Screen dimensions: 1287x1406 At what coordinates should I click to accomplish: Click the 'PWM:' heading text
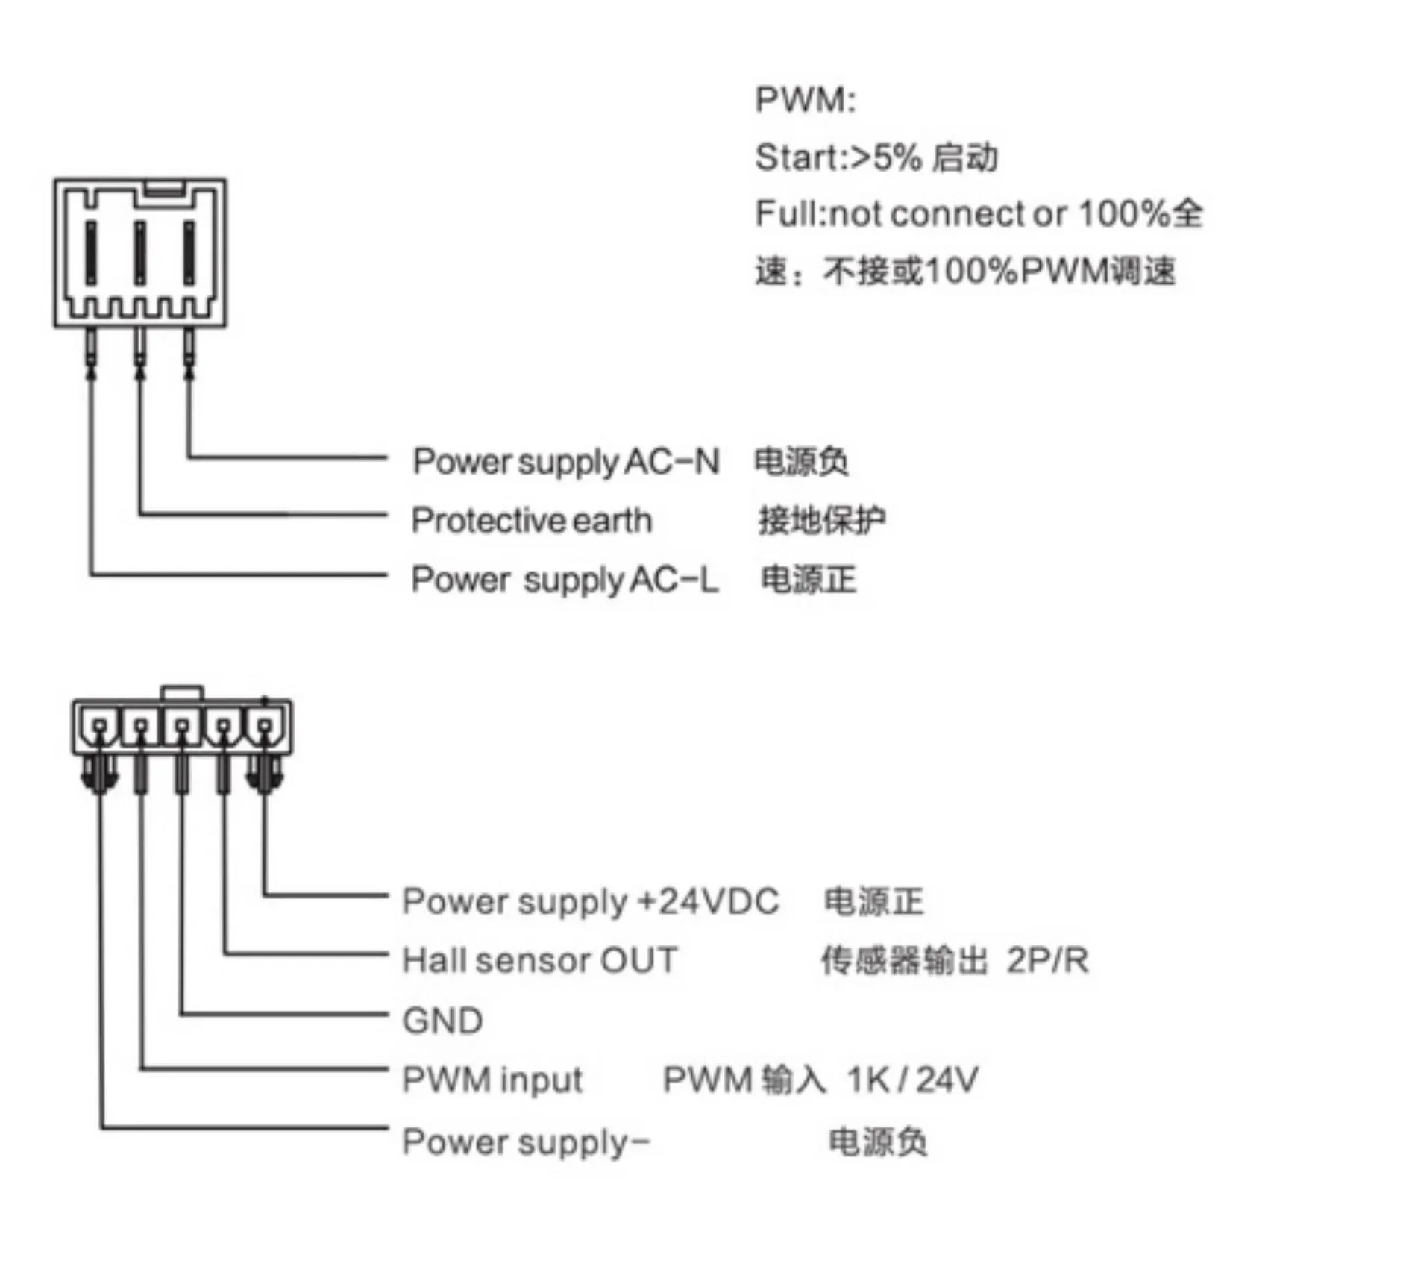coord(805,100)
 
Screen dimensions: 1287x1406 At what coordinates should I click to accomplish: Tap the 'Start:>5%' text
coord(837,157)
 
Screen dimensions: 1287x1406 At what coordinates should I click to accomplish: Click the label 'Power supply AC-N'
coord(566,462)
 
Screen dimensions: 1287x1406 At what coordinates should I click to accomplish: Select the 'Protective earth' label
coord(532,521)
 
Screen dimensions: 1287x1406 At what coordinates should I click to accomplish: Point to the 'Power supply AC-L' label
coord(565,580)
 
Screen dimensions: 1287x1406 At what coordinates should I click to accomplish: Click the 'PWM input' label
coord(492,1080)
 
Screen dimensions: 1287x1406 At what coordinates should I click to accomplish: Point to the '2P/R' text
coord(1047,960)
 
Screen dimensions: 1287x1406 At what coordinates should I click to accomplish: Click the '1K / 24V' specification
coord(912,1080)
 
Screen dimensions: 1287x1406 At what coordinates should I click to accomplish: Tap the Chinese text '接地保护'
coord(822,521)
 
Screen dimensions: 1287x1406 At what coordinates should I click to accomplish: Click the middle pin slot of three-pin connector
coord(139,252)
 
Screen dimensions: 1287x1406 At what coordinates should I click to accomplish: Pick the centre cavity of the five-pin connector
coord(182,725)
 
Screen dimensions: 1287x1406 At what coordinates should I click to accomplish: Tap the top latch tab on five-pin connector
coord(182,692)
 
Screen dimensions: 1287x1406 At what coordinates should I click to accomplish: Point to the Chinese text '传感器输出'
coord(904,960)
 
